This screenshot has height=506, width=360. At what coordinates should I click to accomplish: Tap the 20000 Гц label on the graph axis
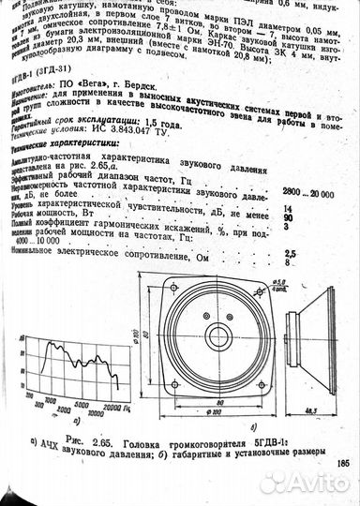[105, 409]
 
